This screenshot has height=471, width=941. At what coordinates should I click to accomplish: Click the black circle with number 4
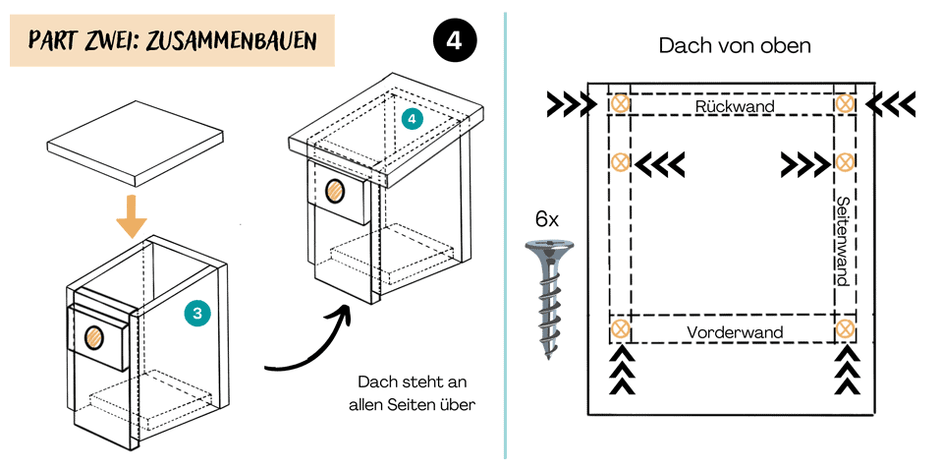(x=454, y=40)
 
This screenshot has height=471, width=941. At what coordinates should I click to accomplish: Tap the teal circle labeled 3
(x=197, y=314)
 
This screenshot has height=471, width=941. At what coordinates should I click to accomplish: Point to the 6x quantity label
(x=547, y=219)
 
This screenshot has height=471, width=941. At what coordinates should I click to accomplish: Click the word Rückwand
(x=735, y=105)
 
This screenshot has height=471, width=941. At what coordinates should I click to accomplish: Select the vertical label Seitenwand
(x=842, y=241)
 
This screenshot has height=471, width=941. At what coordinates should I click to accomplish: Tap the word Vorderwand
(x=735, y=331)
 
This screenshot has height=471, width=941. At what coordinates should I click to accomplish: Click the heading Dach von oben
(x=735, y=46)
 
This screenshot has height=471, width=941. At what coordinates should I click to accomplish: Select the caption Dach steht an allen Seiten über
(x=412, y=391)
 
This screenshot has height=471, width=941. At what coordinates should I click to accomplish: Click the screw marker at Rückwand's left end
(x=620, y=103)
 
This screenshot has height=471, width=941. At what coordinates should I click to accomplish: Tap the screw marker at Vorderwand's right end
(x=845, y=329)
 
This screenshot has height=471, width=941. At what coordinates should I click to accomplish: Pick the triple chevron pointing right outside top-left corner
(x=571, y=102)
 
